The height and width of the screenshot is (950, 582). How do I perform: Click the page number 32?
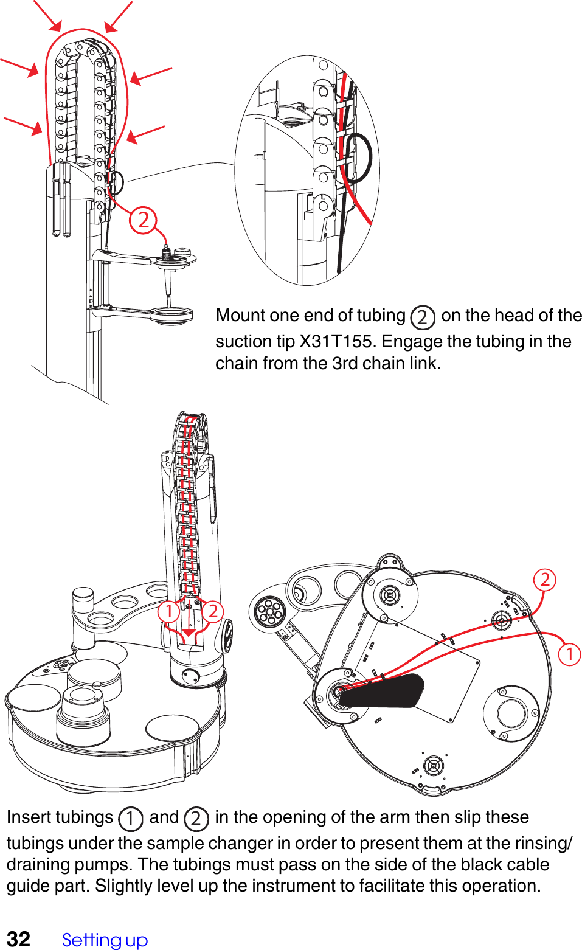click(x=18, y=938)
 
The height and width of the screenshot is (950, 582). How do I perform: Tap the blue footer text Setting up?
click(x=105, y=940)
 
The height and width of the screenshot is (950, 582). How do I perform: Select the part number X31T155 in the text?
click(x=336, y=341)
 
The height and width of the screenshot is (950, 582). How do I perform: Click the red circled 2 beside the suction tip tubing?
click(x=143, y=220)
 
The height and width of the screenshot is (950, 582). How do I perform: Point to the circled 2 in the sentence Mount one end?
click(x=422, y=317)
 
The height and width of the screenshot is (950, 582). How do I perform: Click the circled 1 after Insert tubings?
click(x=130, y=819)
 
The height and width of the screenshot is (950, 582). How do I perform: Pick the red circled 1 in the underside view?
click(x=569, y=654)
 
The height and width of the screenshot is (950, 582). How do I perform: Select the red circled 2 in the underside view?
click(x=545, y=579)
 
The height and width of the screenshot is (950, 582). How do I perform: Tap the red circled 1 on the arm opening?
click(x=168, y=611)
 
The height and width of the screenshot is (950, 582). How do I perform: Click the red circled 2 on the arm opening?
click(x=212, y=611)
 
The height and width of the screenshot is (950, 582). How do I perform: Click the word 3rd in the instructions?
click(x=345, y=363)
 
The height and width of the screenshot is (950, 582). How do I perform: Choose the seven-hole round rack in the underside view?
click(x=268, y=610)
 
